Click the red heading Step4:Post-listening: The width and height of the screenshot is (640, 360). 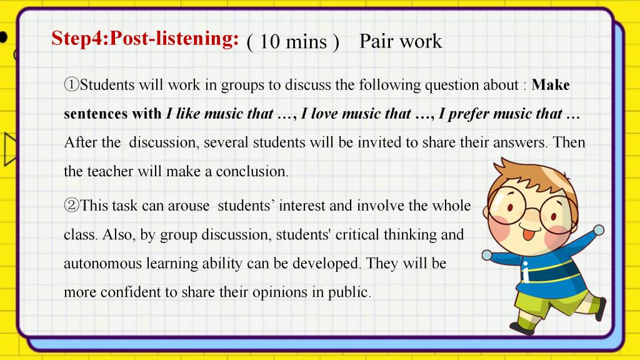[x=145, y=39]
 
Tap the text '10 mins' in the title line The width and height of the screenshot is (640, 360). [x=293, y=42]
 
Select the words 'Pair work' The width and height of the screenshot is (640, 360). [x=401, y=42]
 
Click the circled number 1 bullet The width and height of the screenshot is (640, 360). [x=71, y=85]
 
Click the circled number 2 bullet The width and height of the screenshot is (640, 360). [x=71, y=205]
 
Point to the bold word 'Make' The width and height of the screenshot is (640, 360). [x=551, y=85]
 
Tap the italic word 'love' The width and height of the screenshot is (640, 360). [x=324, y=114]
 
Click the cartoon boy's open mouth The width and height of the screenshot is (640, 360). [x=528, y=235]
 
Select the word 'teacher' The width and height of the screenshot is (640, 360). [x=110, y=171]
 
